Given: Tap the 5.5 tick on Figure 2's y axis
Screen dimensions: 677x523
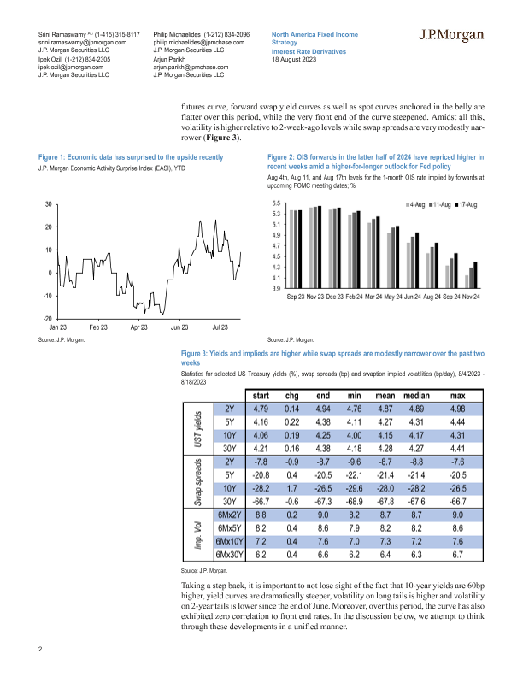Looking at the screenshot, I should coord(275,203).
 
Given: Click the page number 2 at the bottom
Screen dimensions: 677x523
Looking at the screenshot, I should coord(40,649).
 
